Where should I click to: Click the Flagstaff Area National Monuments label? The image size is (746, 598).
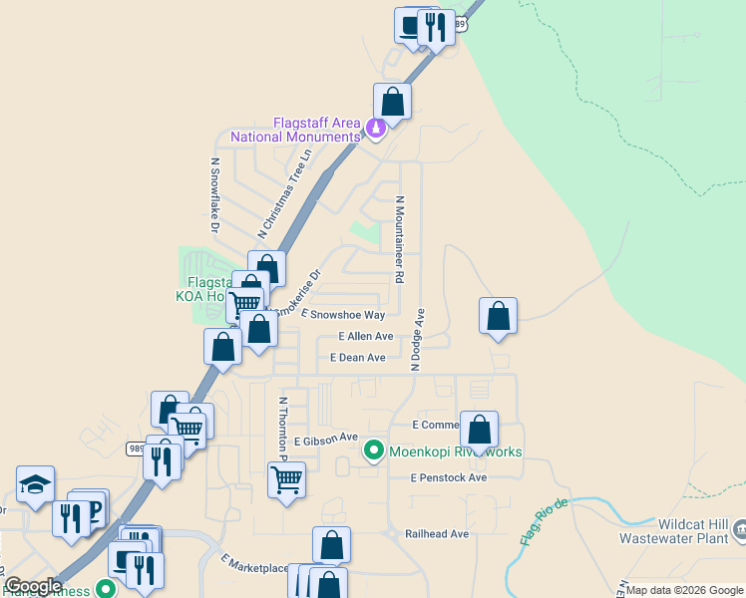[x=295, y=129]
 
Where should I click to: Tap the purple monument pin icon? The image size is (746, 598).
[x=376, y=129]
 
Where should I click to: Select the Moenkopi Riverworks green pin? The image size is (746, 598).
[x=374, y=451]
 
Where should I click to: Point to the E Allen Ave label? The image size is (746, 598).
[x=365, y=337]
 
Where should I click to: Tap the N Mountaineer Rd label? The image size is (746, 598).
[x=400, y=239]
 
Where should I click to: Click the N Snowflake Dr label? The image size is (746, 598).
[x=214, y=199]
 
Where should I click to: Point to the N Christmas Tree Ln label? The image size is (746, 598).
[x=285, y=194]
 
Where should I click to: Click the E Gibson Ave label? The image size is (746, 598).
[x=325, y=439]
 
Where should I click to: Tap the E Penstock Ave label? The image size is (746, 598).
[x=448, y=478]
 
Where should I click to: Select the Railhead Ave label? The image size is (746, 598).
[x=436, y=534]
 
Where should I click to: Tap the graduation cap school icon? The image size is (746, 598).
[x=35, y=485]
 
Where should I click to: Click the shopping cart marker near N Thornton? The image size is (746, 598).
[x=286, y=479]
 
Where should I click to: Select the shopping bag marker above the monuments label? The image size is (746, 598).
[x=393, y=101]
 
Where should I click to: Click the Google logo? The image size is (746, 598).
[x=33, y=586]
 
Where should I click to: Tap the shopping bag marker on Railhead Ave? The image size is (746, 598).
[x=332, y=545]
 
